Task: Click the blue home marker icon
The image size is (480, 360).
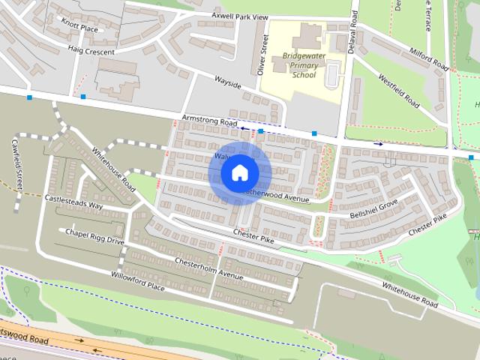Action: [239, 172]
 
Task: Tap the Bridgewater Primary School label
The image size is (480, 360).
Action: [294, 66]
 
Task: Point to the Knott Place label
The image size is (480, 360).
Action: [79, 28]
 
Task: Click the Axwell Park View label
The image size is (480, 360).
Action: [239, 16]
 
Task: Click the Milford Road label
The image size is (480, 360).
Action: [429, 58]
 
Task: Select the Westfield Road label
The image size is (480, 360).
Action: [398, 89]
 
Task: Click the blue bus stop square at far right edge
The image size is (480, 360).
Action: [471, 157]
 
